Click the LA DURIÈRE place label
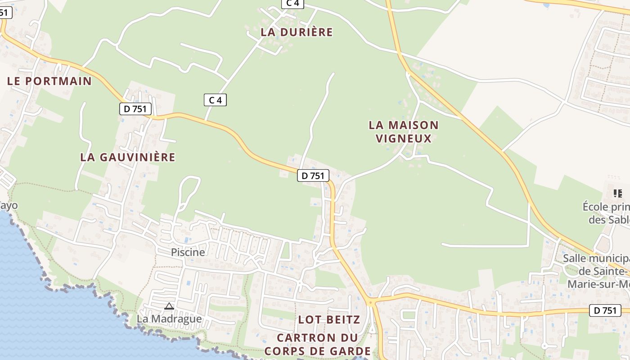297,32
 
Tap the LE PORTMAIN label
49,81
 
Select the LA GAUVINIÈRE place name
127,157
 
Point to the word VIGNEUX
404,138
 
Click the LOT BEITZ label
329,319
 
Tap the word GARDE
349,351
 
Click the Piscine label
188,252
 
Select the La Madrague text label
169,319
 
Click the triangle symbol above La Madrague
169,306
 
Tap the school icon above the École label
618,193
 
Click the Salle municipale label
596,258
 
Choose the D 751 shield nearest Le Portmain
135,108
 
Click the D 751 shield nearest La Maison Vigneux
313,175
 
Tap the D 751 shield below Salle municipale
605,310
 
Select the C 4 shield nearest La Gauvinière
215,100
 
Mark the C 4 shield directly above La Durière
292,3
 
